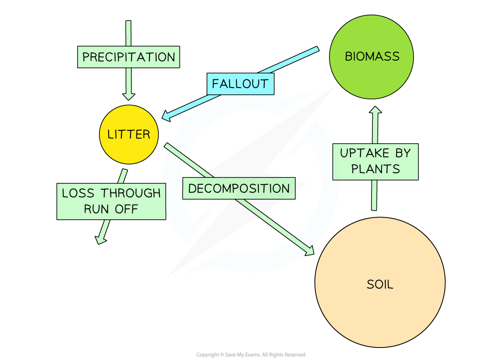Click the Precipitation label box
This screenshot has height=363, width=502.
[128, 57]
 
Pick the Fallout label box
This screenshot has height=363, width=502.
[240, 84]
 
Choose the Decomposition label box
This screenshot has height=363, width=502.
[239, 188]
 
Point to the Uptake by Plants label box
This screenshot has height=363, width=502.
[375, 161]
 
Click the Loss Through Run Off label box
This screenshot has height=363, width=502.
[111, 201]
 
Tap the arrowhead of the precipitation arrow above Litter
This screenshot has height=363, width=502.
[129, 96]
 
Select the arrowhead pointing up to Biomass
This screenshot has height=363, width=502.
[375, 111]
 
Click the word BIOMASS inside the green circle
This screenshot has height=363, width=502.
[372, 57]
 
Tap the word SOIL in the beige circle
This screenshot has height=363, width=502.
[380, 285]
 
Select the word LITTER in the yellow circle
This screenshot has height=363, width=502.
[129, 135]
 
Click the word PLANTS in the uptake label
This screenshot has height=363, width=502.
[375, 169]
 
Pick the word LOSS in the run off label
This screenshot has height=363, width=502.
[78, 193]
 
